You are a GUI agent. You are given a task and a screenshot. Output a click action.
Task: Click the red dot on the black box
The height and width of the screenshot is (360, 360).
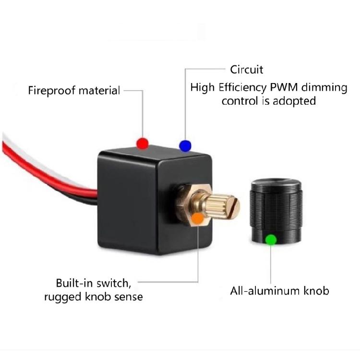point(143,143)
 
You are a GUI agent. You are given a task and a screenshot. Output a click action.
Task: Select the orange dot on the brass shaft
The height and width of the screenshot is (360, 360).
point(197,219)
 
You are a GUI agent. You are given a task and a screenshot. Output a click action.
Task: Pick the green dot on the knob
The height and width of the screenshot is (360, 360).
point(271,239)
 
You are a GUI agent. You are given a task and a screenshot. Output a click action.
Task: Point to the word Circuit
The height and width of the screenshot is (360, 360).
point(247,70)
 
